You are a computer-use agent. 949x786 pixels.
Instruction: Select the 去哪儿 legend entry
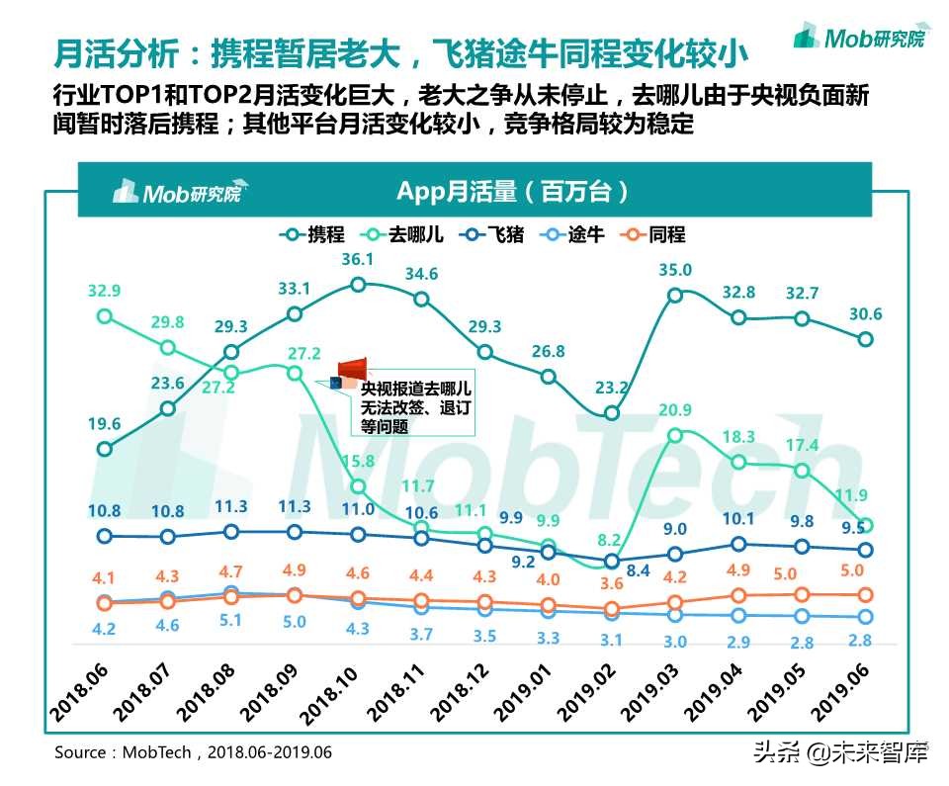(x=402, y=234)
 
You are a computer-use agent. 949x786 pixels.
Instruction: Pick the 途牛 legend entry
(x=573, y=234)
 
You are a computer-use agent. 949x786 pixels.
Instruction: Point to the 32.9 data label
(x=104, y=291)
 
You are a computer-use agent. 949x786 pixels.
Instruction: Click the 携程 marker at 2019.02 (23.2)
(x=612, y=413)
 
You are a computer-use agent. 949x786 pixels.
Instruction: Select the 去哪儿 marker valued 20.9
(x=675, y=435)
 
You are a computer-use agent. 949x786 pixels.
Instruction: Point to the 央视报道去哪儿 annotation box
(x=415, y=408)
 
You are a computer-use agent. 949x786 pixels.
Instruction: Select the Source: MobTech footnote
(x=193, y=752)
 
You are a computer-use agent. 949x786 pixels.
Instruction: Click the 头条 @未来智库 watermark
(x=840, y=754)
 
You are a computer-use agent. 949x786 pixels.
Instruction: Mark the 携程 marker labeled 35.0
(x=675, y=295)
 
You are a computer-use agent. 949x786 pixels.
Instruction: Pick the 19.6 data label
(x=104, y=424)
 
